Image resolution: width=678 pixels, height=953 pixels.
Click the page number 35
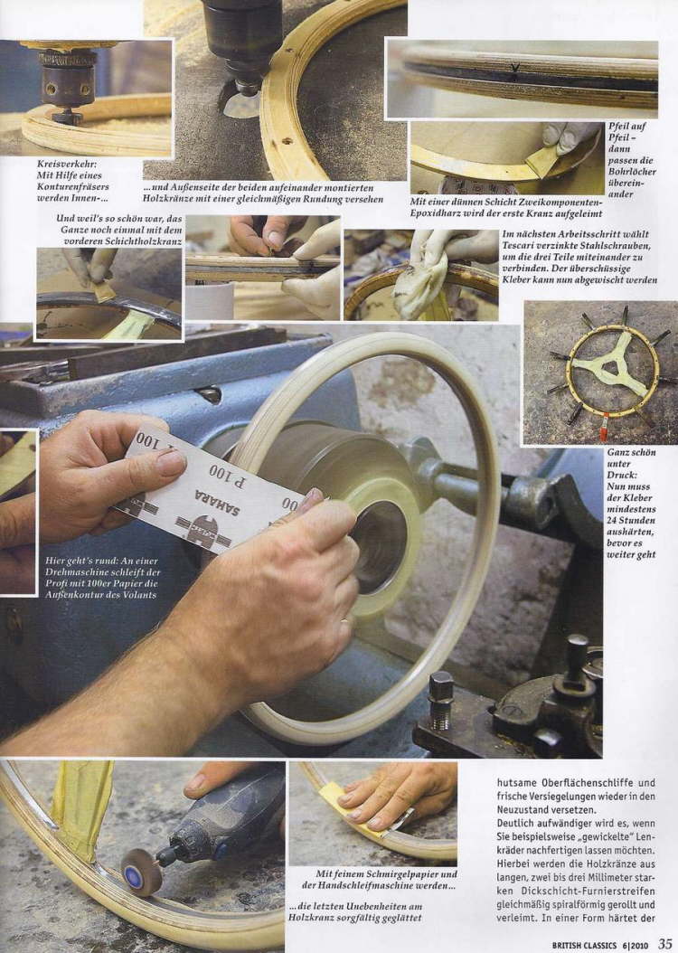664,944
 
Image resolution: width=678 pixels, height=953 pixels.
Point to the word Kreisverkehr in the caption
67,164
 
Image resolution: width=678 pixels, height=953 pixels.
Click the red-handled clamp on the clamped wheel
604,426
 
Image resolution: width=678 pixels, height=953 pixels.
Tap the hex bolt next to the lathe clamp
440,701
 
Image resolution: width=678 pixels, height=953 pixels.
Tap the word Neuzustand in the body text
523,810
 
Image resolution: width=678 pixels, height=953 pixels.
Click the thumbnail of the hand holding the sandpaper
372,813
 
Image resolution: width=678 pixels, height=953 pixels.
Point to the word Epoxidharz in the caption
435,213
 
